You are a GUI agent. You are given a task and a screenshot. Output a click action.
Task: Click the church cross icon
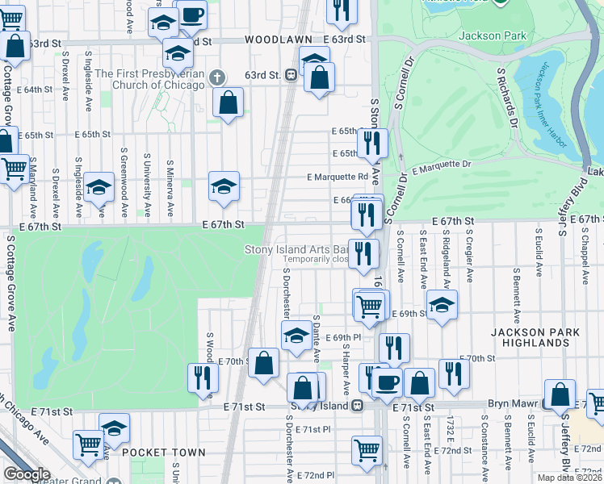216,77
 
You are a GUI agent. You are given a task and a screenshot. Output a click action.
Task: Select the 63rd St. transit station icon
290,75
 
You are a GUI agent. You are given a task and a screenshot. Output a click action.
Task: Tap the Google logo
27,474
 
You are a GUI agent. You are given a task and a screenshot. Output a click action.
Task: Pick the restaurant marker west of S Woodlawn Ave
203,377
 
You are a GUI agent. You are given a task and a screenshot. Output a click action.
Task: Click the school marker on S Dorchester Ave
296,334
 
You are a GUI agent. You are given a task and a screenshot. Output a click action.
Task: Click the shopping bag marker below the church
229,102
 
